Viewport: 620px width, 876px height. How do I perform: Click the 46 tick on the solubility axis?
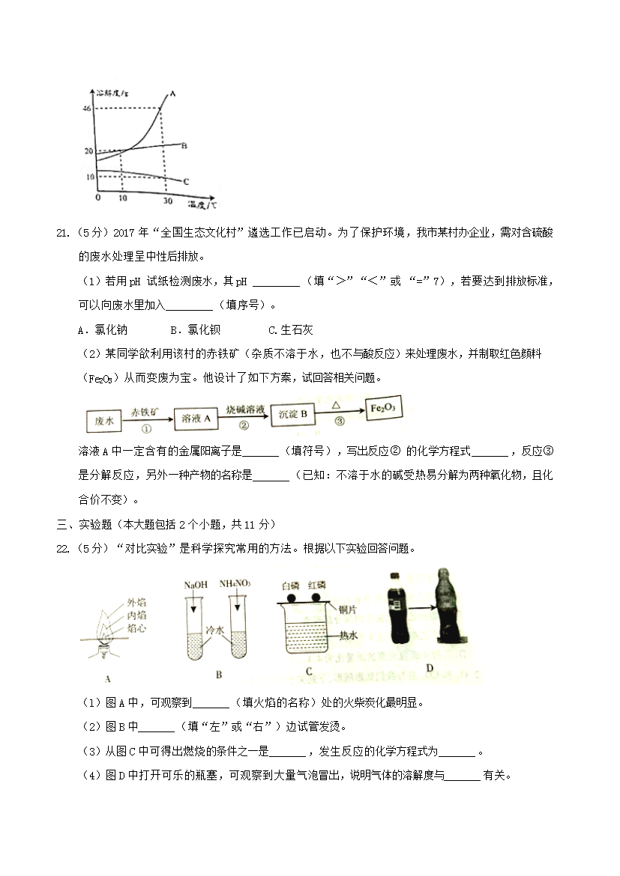click(87, 109)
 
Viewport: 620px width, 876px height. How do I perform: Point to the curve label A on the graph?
click(172, 94)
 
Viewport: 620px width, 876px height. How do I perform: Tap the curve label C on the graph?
click(186, 182)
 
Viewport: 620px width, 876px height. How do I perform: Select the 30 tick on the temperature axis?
click(168, 201)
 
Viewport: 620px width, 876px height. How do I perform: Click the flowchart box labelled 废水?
click(104, 422)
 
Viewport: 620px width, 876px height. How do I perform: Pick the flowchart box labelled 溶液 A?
click(196, 419)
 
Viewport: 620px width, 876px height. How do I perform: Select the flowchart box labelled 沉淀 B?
click(292, 415)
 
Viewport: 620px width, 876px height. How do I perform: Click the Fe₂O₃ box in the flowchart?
click(383, 408)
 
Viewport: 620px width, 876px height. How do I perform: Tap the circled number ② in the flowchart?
click(244, 425)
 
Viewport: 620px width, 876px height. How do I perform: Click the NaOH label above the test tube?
click(196, 585)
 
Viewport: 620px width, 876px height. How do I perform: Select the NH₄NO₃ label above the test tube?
click(235, 584)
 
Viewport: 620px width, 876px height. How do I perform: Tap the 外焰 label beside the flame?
click(136, 602)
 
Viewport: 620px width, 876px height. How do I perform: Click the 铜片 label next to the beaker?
click(348, 609)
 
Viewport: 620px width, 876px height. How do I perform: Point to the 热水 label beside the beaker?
click(348, 635)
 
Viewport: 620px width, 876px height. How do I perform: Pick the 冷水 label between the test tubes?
click(215, 630)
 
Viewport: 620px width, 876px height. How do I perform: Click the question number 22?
click(63, 549)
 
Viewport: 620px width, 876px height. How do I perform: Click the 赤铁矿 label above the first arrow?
click(145, 413)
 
